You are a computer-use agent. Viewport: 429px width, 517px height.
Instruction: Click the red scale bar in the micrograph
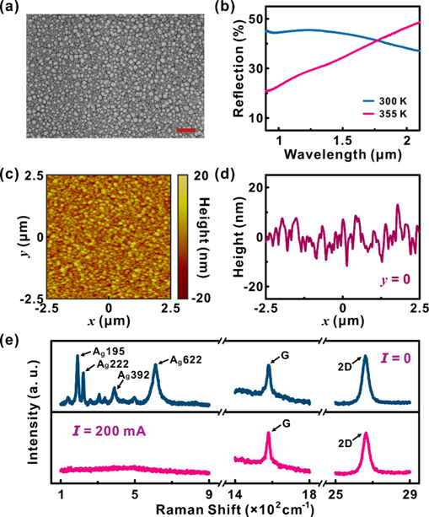tap(188, 130)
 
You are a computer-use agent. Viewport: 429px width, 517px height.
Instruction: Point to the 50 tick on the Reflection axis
tap(249, 19)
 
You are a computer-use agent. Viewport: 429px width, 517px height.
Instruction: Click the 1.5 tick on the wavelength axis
tap(342, 142)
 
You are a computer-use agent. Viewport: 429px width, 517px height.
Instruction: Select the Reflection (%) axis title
tap(229, 74)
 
